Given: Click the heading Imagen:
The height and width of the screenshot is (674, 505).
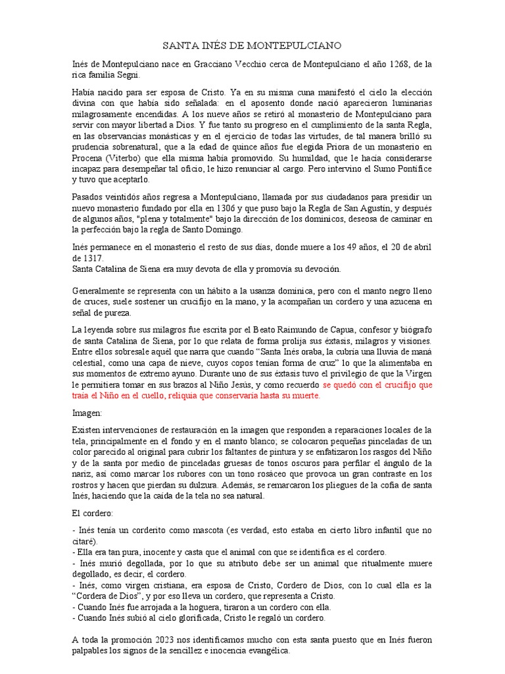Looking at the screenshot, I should (87, 413).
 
